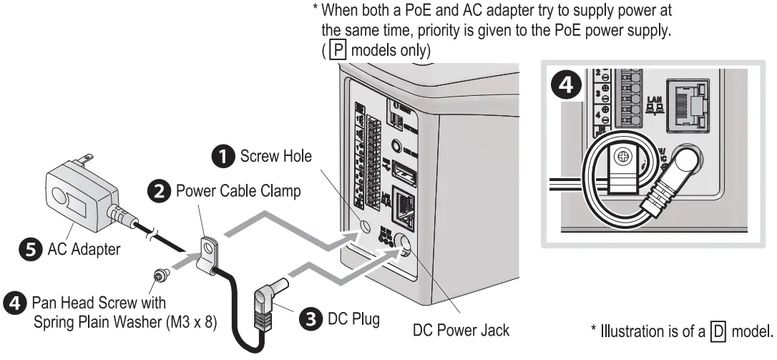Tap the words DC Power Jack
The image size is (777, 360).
point(461,330)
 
